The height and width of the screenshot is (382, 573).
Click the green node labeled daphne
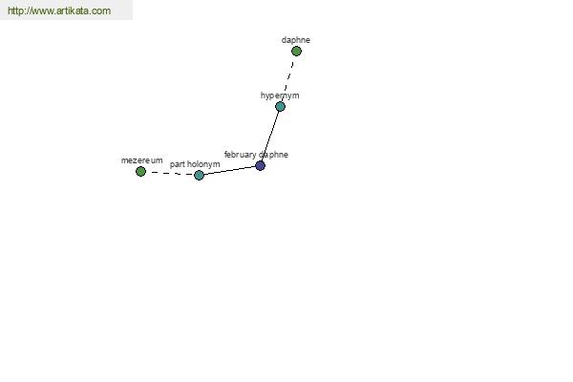tap(296, 52)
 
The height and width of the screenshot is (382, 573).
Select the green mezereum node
tap(140, 172)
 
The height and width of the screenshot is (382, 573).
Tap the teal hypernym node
tap(280, 107)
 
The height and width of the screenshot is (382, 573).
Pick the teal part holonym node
tap(199, 176)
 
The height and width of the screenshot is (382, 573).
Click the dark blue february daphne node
tap(260, 166)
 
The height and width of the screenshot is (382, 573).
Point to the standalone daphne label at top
tap(296, 40)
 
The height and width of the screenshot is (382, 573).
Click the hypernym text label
tap(280, 95)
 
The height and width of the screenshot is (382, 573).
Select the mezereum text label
tap(141, 160)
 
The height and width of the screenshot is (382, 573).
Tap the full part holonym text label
tap(195, 164)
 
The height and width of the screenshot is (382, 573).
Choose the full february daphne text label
tap(256, 155)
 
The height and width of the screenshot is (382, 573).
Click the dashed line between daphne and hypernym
tap(288, 78)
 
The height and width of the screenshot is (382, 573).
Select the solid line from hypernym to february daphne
tap(270, 136)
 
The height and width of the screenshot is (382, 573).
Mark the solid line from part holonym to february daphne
tap(229, 171)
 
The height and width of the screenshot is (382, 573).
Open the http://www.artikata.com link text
tap(59, 11)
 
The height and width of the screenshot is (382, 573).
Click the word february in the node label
tap(240, 155)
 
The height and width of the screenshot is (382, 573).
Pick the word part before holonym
tap(178, 165)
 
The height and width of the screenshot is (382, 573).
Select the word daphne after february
tap(273, 155)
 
